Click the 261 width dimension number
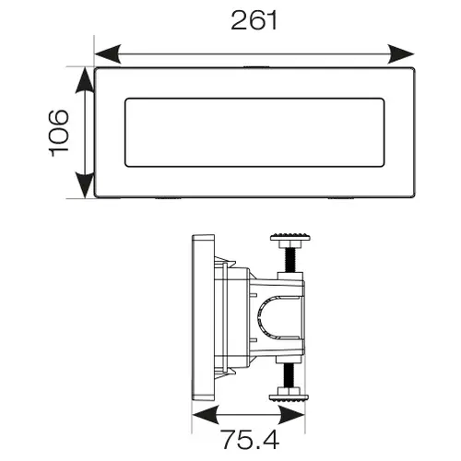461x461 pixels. click(254, 20)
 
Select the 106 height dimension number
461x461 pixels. click(59, 133)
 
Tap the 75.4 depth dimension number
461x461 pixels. click(250, 440)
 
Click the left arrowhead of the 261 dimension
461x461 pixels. click(108, 54)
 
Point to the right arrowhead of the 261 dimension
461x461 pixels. click(401, 54)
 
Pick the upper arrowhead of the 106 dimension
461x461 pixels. click(85, 80)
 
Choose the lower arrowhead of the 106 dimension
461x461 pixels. click(85, 185)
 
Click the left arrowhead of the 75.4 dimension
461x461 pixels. click(206, 415)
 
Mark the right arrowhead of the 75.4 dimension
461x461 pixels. click(291, 415)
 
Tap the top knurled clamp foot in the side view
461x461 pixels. click(290, 237)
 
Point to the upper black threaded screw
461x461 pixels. click(290, 260)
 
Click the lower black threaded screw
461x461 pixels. click(289, 375)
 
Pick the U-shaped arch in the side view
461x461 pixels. click(260, 318)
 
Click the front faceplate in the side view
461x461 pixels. click(203, 318)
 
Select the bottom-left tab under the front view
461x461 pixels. click(168, 198)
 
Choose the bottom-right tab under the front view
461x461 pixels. click(341, 198)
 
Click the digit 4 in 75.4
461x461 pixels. click(270, 440)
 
